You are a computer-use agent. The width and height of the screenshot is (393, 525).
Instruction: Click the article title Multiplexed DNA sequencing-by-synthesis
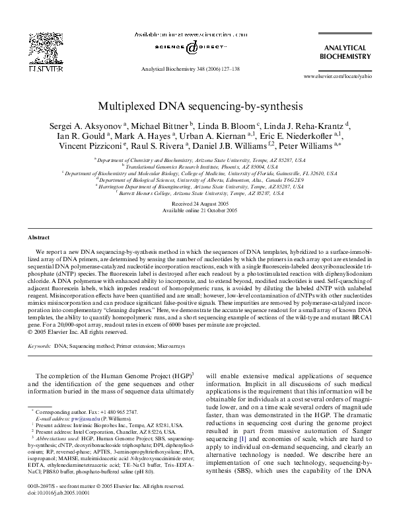coord(196,105)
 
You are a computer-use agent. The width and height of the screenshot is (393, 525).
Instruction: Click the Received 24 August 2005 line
coord(196,203)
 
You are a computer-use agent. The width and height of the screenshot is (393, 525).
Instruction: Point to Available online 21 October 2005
coord(196,210)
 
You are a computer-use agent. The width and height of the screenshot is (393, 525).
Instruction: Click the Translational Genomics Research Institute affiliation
coord(197,168)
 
